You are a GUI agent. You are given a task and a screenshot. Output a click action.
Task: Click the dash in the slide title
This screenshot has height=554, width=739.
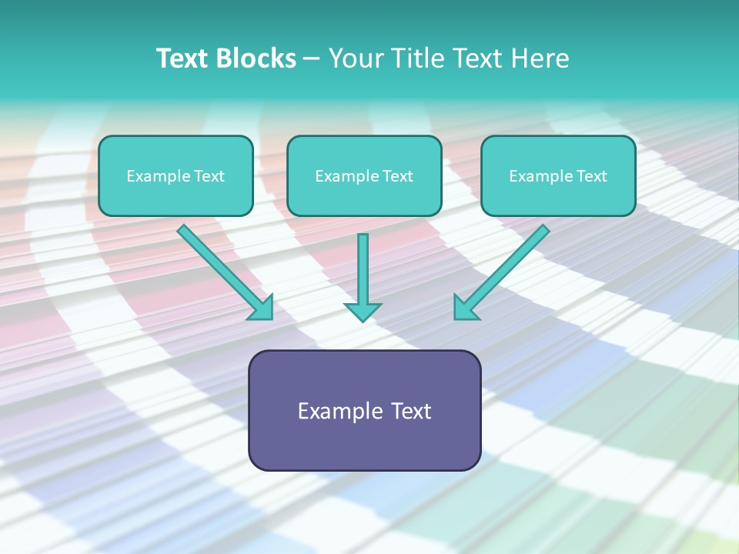point(312,59)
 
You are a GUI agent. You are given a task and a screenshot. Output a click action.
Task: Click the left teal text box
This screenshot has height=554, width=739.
point(176,196)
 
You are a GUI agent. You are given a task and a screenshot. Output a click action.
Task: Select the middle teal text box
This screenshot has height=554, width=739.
point(364,196)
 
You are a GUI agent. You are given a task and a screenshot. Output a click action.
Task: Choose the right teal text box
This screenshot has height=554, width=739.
point(558,196)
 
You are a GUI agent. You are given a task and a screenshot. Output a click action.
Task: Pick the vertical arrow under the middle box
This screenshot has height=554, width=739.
point(363,269)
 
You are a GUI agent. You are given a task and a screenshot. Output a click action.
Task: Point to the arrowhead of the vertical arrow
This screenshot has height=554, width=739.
point(363,312)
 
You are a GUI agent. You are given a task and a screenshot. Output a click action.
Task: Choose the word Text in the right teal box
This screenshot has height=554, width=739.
point(591,176)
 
